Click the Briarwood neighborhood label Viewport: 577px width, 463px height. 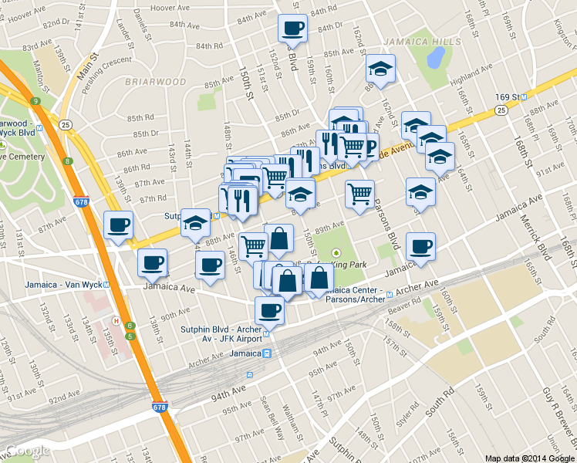155,81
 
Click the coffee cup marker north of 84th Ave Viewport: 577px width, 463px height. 292,29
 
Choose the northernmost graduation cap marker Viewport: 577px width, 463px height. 380,69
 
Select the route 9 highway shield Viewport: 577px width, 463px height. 35,101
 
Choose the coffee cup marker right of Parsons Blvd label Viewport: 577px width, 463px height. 420,247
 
